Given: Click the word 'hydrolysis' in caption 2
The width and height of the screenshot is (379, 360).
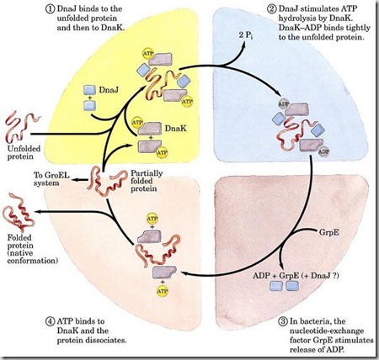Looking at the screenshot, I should coord(334,22).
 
